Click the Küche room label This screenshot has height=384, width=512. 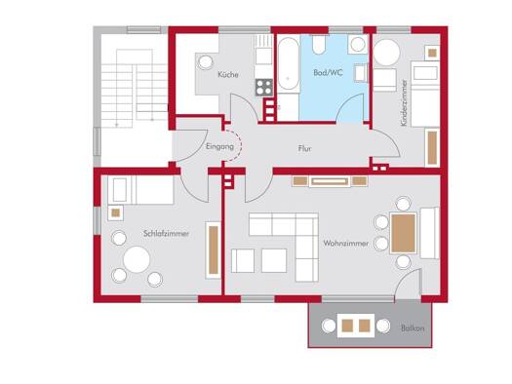click(228, 74)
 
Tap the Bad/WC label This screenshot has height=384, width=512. click(328, 72)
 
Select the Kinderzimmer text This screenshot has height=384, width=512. click(405, 102)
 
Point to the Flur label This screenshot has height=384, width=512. click(304, 149)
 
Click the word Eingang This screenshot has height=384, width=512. click(219, 147)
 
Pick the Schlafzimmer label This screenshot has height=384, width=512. click(166, 234)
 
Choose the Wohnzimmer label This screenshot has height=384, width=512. click(346, 243)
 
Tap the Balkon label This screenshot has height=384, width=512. click(413, 327)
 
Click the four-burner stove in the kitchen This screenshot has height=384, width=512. click(264, 87)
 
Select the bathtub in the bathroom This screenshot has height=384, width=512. click(288, 65)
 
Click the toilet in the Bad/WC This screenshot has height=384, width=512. click(319, 44)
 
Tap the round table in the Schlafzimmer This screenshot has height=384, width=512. click(137, 259)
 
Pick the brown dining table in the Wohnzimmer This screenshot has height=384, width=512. click(404, 233)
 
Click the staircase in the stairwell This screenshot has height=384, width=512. click(134, 88)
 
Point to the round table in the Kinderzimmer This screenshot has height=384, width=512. click(387, 53)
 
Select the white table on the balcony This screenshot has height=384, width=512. click(356, 326)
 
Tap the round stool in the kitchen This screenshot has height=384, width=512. click(205, 62)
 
